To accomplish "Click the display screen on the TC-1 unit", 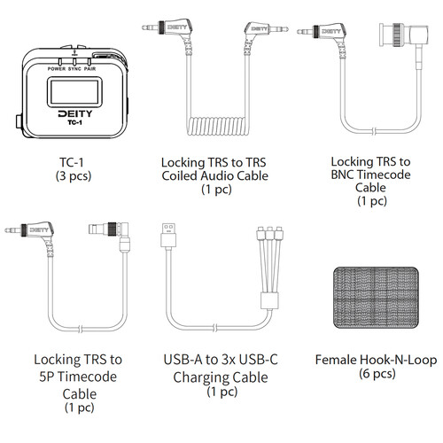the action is [74, 92].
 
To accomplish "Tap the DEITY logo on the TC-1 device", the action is [75, 113].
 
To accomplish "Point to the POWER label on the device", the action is [57, 69].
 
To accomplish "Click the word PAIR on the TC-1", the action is [89, 69].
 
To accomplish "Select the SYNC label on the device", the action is [74, 69].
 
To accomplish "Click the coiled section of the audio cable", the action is [216, 126].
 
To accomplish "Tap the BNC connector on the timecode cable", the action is [403, 35].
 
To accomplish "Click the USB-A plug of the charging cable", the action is [168, 236].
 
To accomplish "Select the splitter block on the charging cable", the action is [269, 300].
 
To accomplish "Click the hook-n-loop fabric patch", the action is [376, 298].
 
